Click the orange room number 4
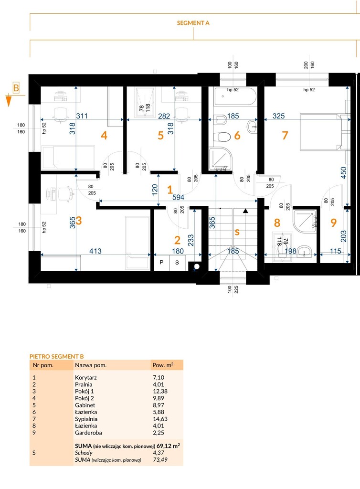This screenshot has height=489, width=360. [104, 135]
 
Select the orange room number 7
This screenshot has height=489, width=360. [285, 135]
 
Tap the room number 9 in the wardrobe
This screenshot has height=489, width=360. [334, 223]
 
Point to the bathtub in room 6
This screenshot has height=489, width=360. [235, 96]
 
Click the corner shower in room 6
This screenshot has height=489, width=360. [221, 159]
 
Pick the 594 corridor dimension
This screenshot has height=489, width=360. [178, 197]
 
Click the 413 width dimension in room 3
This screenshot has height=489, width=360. [95, 251]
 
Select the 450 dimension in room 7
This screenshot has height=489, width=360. [343, 173]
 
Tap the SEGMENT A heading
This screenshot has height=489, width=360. [193, 23]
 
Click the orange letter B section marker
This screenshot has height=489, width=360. [16, 88]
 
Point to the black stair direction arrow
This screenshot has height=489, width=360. [245, 211]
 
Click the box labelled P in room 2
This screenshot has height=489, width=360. [161, 263]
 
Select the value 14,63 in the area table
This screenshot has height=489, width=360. [160, 419]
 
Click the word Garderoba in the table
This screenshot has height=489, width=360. [88, 433]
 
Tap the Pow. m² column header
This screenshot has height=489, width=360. [163, 365]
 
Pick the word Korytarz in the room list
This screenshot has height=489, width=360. [86, 377]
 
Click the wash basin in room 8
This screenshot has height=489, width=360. [304, 251]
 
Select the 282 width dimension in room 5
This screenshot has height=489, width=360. [164, 117]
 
